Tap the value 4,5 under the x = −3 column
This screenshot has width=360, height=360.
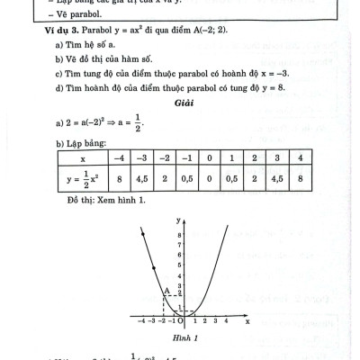[x=140, y=178]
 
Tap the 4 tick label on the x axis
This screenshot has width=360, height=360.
[x=225, y=319]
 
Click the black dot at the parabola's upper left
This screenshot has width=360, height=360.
[x=156, y=267]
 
